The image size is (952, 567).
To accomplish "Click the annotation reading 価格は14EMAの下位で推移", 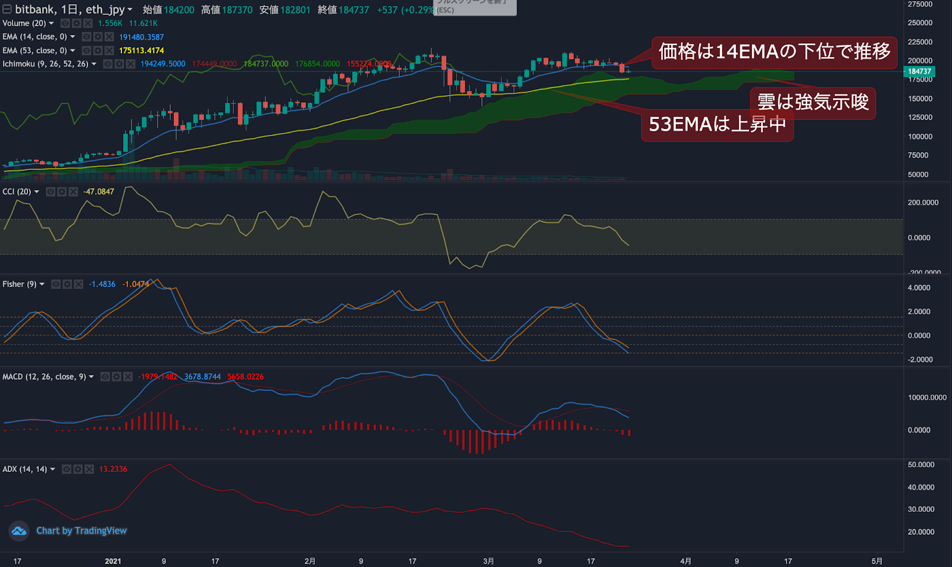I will (774, 52).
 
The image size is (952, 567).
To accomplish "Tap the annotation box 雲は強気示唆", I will (813, 102).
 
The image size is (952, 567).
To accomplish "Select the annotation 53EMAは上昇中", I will (717, 125).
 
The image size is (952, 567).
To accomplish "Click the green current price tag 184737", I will (919, 72).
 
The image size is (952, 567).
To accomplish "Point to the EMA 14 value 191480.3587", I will (141, 37).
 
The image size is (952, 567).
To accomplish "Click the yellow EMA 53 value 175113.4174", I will (141, 51).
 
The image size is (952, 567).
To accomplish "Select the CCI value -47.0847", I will (98, 191).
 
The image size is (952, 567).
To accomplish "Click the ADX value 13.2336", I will (113, 469).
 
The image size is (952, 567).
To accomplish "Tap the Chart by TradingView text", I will (82, 531).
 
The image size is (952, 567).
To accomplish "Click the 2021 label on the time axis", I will (113, 561).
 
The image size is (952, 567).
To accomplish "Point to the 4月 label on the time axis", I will (685, 561).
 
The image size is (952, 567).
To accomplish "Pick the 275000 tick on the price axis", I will (920, 4).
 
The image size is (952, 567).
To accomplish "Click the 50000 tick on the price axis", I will (918, 175).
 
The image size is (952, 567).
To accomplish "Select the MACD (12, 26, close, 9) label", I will (44, 377).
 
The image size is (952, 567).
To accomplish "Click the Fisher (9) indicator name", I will (19, 284).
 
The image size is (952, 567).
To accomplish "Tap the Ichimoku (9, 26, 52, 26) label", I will (45, 64).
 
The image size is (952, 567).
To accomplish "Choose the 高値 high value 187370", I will (237, 10).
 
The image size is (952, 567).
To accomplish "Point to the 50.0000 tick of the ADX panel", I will (920, 465).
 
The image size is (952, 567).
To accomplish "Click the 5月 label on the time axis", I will (876, 561).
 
